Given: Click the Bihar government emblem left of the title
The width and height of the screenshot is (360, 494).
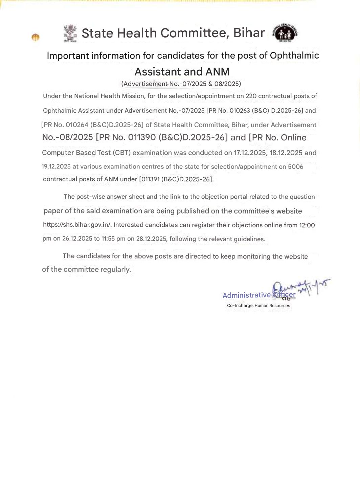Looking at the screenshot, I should point(70,33).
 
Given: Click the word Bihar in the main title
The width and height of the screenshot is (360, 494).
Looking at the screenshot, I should point(249,33).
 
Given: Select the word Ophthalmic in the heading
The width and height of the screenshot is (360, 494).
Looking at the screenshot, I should point(294,55).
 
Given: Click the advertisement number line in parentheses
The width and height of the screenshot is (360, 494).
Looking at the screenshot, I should point(181,84).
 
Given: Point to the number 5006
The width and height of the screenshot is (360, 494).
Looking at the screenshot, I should point(295,167).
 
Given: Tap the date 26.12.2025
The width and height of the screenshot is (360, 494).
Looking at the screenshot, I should point(77,239).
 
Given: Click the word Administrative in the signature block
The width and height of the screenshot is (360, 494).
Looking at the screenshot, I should point(246,295).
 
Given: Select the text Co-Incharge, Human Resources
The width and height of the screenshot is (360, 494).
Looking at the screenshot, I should point(258,306).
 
